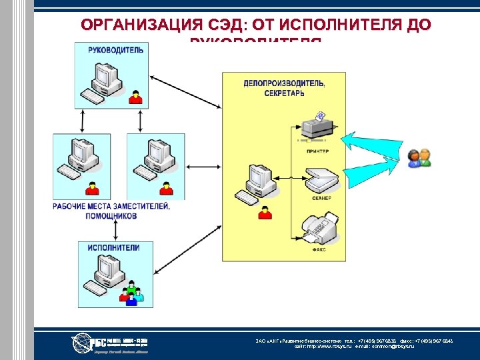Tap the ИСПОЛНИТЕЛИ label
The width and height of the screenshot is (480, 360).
point(113,248)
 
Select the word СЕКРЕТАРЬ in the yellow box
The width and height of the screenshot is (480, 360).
point(284,93)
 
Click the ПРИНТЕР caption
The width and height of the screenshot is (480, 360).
point(317,151)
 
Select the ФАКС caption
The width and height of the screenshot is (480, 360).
point(317,251)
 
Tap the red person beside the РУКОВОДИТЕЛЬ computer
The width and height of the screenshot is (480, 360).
point(136,97)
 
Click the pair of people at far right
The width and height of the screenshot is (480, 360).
point(420,157)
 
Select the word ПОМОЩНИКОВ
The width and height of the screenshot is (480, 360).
point(111,217)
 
